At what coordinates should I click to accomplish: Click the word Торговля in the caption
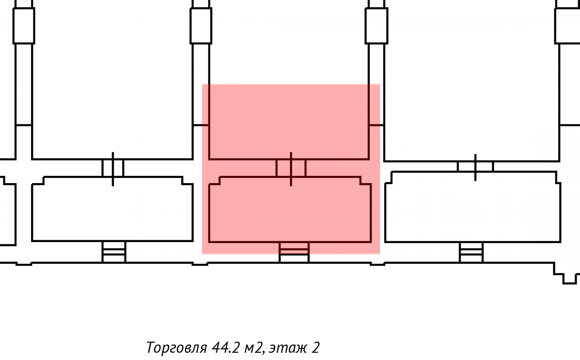click(x=176, y=347)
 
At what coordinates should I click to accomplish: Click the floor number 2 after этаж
click(x=315, y=347)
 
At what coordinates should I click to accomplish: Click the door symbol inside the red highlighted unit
click(x=291, y=169)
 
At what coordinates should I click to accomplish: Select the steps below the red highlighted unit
click(x=294, y=252)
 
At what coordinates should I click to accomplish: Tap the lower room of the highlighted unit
click(x=290, y=210)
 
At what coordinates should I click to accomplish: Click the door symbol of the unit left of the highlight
click(x=113, y=169)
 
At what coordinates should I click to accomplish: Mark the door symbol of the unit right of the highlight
click(x=476, y=167)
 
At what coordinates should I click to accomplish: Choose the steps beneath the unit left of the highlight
click(x=114, y=252)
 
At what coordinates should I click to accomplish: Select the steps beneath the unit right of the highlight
click(x=471, y=252)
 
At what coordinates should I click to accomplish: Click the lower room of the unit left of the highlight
click(x=113, y=209)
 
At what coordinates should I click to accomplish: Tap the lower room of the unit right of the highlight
click(x=473, y=207)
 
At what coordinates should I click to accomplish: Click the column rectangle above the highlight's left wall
click(x=201, y=26)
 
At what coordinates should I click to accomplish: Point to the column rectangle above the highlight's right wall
click(x=377, y=26)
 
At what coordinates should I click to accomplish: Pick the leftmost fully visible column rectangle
click(x=24, y=26)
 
